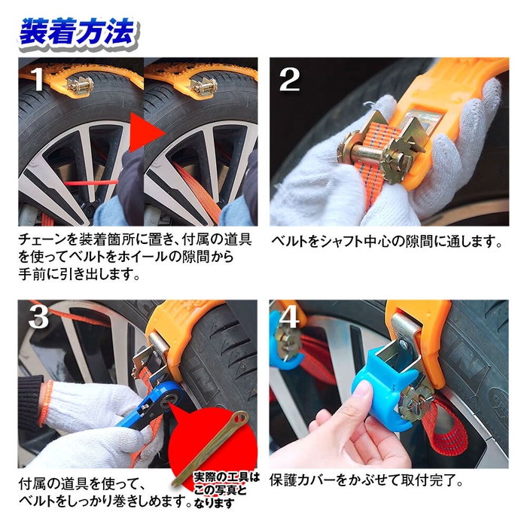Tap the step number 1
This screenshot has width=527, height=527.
point(33,78)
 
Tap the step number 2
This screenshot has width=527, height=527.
point(289,78)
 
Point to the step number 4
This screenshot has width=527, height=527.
point(289,318)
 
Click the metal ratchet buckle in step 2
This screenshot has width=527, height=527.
point(376,147)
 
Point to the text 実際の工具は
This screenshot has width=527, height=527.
point(226,477)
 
